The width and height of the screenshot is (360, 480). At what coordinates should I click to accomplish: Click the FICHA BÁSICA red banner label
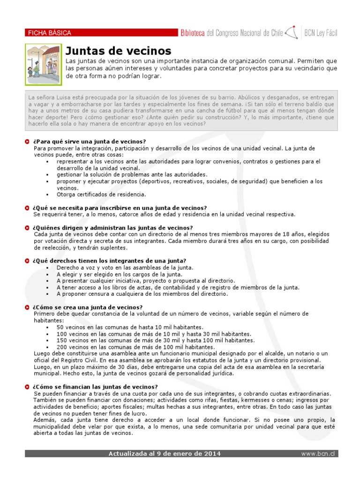point(50,33)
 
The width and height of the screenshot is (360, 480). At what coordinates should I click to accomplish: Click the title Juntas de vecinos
point(118,51)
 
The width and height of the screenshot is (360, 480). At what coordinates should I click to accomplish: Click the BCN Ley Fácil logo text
point(321,33)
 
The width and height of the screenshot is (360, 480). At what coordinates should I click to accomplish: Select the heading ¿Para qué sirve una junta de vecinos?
point(90,142)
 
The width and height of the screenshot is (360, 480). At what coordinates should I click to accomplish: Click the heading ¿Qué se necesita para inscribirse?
point(120,208)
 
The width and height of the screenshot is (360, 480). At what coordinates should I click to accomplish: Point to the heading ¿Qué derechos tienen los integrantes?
point(110,261)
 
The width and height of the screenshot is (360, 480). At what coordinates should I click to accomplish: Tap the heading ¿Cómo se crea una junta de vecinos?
point(88,307)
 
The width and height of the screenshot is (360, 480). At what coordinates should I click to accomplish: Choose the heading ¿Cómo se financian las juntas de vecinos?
point(96,387)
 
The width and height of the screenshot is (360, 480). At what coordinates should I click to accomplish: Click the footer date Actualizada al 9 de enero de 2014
point(165,454)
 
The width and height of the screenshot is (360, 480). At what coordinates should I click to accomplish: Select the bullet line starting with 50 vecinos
point(130,327)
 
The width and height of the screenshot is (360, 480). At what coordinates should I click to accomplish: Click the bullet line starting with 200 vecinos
point(135,347)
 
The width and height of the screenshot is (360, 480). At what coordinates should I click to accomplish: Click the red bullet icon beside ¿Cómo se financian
point(27,387)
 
